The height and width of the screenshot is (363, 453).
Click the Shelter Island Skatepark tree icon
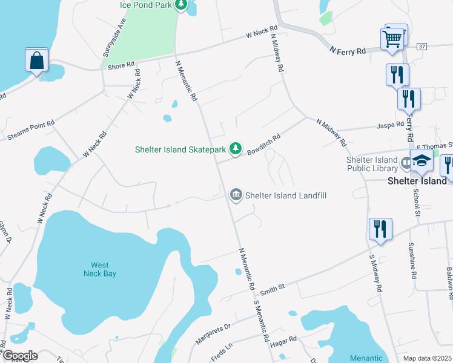236,149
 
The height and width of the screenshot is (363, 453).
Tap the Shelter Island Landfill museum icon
236,195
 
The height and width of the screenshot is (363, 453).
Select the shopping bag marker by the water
36,60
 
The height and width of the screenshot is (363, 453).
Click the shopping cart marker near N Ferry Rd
392,39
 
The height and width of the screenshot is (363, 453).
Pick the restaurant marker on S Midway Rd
380,229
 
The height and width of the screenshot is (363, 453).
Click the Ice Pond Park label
145,5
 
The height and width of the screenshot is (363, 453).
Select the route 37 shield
422,46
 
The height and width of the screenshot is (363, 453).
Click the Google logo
19,356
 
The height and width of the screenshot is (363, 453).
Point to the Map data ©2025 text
427,358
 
